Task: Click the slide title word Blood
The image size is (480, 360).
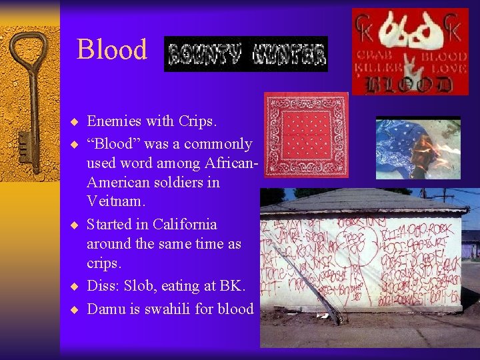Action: coord(112,50)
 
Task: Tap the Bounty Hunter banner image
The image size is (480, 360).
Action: coord(245,54)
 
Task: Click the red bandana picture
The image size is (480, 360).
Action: coord(306,135)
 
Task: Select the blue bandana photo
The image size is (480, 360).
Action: coord(417,148)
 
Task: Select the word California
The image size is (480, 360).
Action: coord(185,224)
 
